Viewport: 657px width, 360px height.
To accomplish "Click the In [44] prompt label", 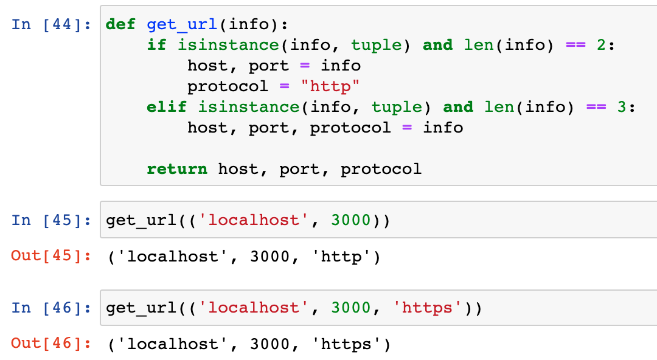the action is pyautogui.click(x=51, y=24).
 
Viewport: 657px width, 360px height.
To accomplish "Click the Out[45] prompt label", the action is pyautogui.click(x=51, y=255).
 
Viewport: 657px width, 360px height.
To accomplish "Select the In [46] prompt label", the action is pyautogui.click(x=51, y=308).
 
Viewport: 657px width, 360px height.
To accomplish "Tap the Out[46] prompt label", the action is pyautogui.click(x=51, y=343).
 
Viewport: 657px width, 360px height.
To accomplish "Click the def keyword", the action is pyautogui.click(x=120, y=24).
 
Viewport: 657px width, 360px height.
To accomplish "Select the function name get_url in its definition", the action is pyautogui.click(x=182, y=25).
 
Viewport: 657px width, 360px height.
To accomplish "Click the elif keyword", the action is pyautogui.click(x=166, y=107).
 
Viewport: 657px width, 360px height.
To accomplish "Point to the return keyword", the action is pyautogui.click(x=177, y=169).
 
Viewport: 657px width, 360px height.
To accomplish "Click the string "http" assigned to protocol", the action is pyautogui.click(x=330, y=86).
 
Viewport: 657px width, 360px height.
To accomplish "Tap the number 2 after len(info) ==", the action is pyautogui.click(x=601, y=45).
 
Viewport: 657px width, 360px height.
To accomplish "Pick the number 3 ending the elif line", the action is pyautogui.click(x=622, y=107).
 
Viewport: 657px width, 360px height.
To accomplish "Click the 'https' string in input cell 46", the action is pyautogui.click(x=428, y=308).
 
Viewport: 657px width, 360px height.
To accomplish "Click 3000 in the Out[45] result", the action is pyautogui.click(x=270, y=257).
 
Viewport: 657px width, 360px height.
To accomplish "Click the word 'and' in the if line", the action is pyautogui.click(x=438, y=45).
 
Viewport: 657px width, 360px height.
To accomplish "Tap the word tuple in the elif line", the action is pyautogui.click(x=397, y=107).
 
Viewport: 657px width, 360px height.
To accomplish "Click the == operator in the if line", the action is pyautogui.click(x=575, y=45).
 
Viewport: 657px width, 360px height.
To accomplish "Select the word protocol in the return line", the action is pyautogui.click(x=381, y=169).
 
